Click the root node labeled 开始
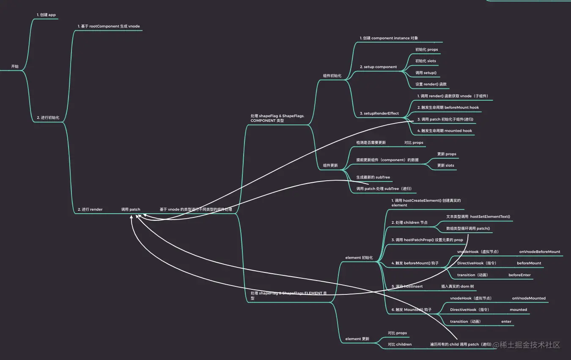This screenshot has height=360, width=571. [x=15, y=66]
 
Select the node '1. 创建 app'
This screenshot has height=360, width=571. [x=46, y=15]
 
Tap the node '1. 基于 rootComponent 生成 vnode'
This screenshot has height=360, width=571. [x=108, y=26]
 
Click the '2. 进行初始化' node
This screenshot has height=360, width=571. [x=48, y=117]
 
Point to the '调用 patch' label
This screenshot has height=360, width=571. [x=130, y=209]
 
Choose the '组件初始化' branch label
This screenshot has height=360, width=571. [x=332, y=76]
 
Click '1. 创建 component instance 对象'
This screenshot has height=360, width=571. [x=389, y=38]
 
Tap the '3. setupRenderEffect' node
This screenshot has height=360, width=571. [x=379, y=113]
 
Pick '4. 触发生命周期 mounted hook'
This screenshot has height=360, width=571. [x=445, y=131]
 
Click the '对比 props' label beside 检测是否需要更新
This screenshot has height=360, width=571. [x=414, y=143]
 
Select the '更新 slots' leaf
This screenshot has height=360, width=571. [x=445, y=165]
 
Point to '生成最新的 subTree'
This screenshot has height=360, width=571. [x=373, y=177]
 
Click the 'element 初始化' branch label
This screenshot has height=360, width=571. [x=359, y=258]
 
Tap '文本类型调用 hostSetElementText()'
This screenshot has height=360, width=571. [x=478, y=217]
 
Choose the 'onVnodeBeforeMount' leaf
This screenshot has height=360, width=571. [x=539, y=252]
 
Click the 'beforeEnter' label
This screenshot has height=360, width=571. [x=519, y=275]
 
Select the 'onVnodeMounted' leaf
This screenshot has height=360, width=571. [x=529, y=298]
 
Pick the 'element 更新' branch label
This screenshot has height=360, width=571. [x=357, y=339]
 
